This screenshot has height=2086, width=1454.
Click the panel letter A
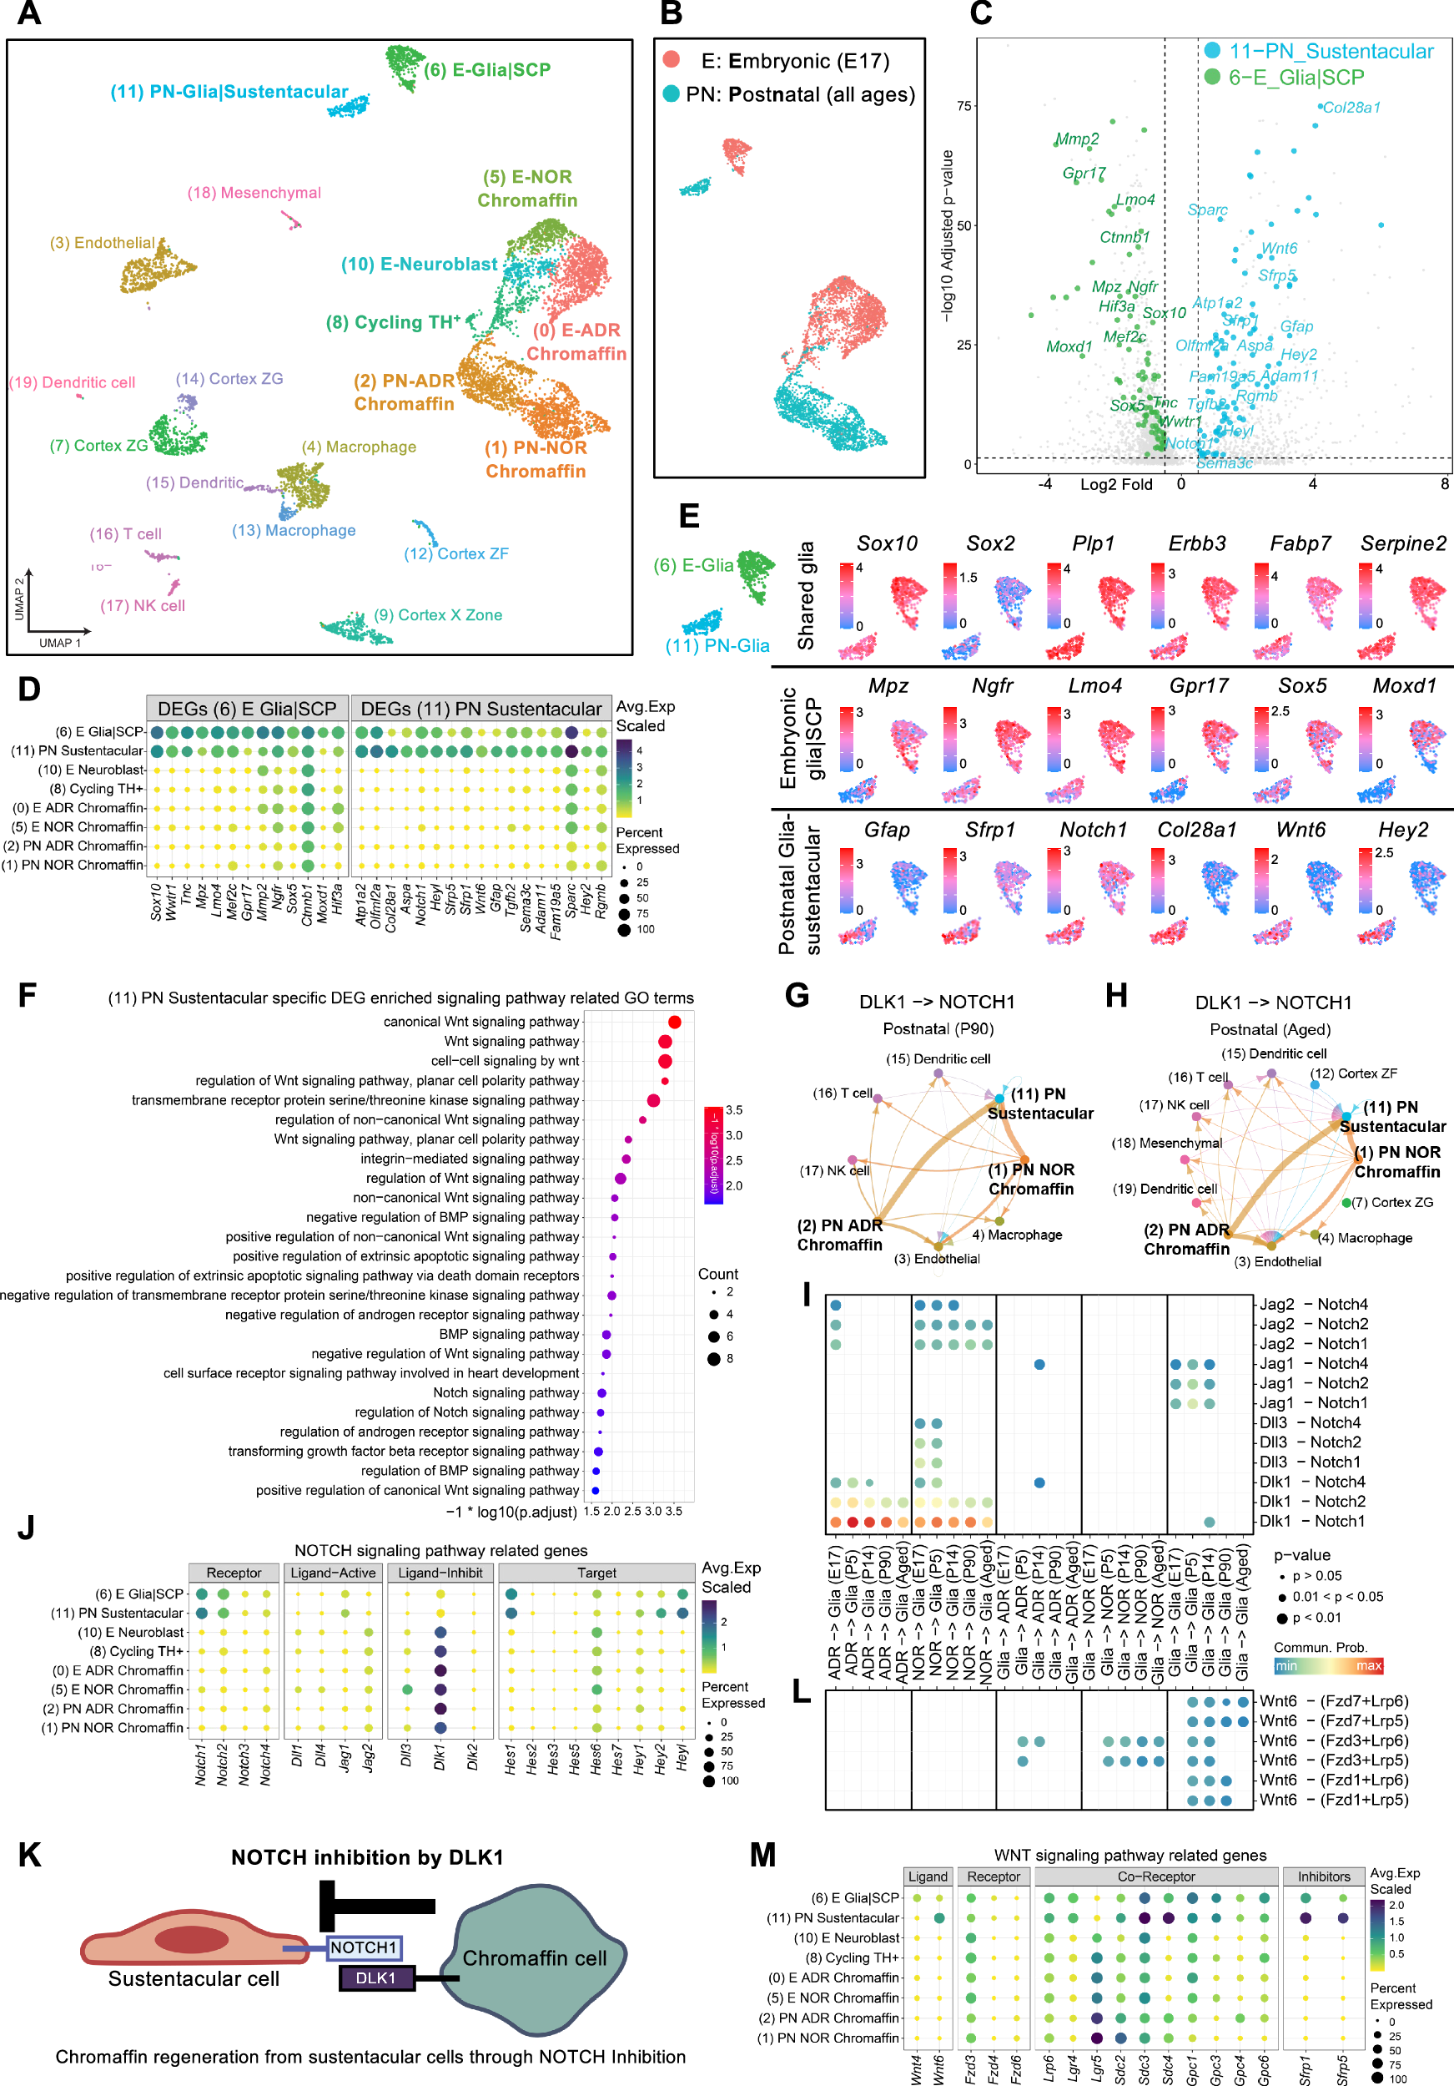[x=29, y=13]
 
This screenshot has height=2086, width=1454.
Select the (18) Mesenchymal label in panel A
[x=254, y=193]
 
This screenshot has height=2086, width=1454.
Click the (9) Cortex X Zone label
[x=438, y=615]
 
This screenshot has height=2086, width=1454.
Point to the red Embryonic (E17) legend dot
[x=672, y=60]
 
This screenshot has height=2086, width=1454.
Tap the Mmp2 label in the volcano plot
[x=1076, y=139]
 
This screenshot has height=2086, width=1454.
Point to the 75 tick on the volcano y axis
[x=963, y=105]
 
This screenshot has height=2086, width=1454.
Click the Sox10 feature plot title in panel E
[x=887, y=543]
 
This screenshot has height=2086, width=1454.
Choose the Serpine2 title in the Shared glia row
[x=1402, y=543]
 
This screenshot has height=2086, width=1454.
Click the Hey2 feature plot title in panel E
[x=1402, y=830]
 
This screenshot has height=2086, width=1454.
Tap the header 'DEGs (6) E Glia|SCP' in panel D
[x=247, y=709]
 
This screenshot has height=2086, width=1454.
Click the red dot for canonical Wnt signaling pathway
[x=674, y=1022]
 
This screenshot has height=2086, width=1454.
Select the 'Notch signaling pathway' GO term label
[x=506, y=1393]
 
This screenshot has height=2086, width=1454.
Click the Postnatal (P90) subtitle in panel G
[x=938, y=1028]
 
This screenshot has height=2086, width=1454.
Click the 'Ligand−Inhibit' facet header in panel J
[x=440, y=1573]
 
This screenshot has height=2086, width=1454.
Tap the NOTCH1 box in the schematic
[x=363, y=1947]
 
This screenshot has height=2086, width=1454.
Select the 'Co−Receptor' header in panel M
[x=1155, y=1876]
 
